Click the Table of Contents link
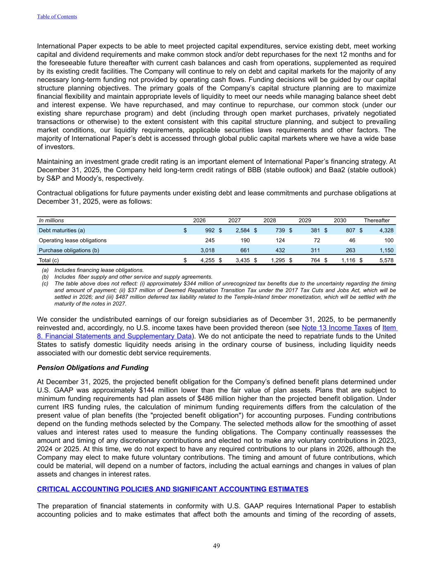click(x=57, y=17)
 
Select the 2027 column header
click(x=235, y=221)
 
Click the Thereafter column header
click(x=376, y=221)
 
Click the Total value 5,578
click(x=386, y=260)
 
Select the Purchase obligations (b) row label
click(x=69, y=250)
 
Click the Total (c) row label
click(x=49, y=260)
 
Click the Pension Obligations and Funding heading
click(x=93, y=368)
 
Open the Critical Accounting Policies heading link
click(x=173, y=489)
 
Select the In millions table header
click(x=51, y=221)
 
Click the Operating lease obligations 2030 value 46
click(x=352, y=240)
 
